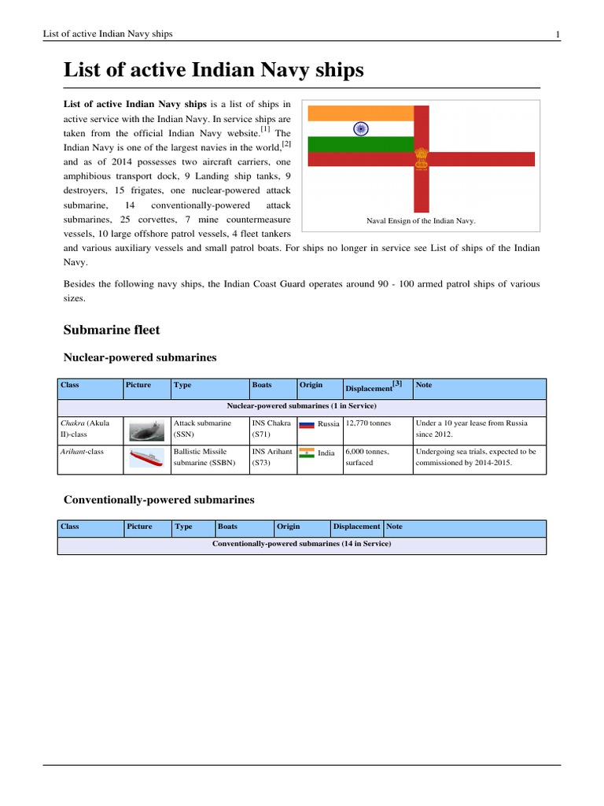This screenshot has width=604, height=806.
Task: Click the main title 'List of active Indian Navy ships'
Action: click(x=213, y=71)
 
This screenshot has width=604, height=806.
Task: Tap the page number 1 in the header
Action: click(x=558, y=34)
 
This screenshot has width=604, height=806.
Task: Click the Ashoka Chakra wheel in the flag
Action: click(x=361, y=128)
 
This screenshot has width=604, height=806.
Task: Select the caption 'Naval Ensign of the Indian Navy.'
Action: click(x=422, y=221)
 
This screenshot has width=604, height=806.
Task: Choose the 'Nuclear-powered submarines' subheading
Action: click(x=139, y=357)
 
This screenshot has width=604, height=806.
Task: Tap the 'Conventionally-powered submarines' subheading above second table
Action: click(x=158, y=500)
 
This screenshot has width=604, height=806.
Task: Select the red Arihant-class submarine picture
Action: click(x=146, y=459)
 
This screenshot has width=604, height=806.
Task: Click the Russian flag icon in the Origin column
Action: click(x=307, y=424)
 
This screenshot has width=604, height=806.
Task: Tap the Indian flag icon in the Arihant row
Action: click(x=307, y=453)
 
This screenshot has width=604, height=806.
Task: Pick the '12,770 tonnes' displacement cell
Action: click(x=368, y=423)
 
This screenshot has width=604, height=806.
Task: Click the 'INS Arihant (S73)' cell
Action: click(x=271, y=457)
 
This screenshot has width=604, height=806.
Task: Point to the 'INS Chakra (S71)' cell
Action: click(x=271, y=428)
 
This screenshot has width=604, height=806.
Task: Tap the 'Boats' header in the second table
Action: click(x=228, y=527)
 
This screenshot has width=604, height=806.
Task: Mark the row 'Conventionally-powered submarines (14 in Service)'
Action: click(x=301, y=543)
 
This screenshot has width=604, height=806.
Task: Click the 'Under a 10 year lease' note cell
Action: click(x=477, y=428)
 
